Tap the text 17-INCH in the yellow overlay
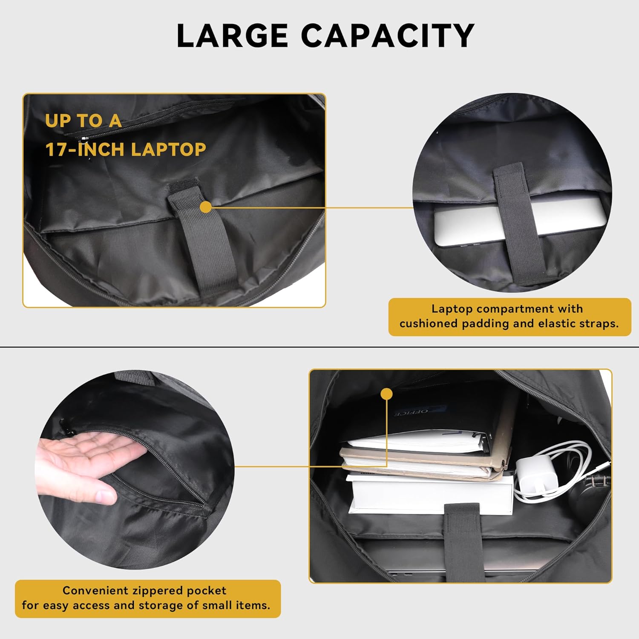(x=86, y=150)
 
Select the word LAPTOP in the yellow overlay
(x=169, y=150)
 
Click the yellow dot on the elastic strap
(x=206, y=207)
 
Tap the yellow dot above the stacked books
(x=387, y=394)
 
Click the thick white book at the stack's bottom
(x=430, y=494)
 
